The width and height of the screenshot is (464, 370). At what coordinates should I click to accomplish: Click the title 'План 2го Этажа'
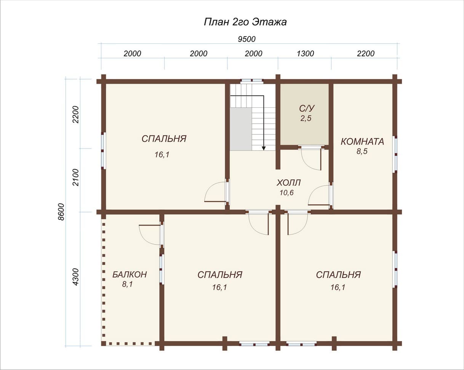(x=245, y=22)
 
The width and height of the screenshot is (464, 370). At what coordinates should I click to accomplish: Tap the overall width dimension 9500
(x=246, y=39)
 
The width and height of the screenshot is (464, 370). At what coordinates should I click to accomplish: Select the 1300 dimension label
(x=305, y=53)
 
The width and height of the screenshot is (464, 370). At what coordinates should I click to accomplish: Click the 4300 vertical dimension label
(x=75, y=277)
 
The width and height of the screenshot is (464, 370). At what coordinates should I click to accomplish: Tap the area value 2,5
(x=306, y=118)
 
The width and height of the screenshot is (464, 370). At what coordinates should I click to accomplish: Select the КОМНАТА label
(x=362, y=142)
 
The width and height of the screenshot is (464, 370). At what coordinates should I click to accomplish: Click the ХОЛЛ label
(x=288, y=183)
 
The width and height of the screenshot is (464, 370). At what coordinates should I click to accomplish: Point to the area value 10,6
(x=286, y=193)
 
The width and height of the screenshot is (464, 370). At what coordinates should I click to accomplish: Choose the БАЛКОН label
(x=130, y=274)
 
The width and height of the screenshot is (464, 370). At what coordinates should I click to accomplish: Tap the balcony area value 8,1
(x=127, y=284)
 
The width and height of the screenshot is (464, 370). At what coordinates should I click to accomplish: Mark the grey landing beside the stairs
(x=241, y=129)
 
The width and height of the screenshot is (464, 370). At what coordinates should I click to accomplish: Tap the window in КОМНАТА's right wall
(x=396, y=154)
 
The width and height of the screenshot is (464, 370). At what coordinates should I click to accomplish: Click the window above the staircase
(x=252, y=81)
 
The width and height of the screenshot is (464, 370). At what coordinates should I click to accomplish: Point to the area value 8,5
(x=362, y=151)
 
